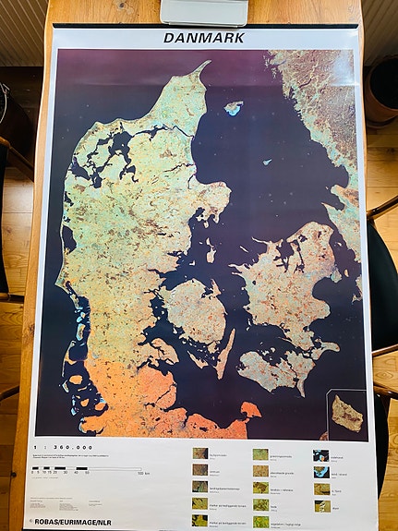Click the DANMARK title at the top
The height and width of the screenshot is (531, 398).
pyautogui.click(x=204, y=38)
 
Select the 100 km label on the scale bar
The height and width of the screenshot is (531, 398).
pyautogui.click(x=141, y=473)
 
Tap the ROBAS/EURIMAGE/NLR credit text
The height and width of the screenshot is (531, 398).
pyautogui.click(x=76, y=520)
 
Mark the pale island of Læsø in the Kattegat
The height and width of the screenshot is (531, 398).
pyautogui.click(x=234, y=108)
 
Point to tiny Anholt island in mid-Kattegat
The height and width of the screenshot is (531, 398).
pyautogui.click(x=269, y=161)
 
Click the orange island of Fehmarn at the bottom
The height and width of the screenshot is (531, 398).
pyautogui.click(x=250, y=409)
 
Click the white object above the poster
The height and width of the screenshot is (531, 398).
pyautogui.click(x=204, y=11)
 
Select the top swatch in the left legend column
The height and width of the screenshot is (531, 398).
pyautogui.click(x=199, y=453)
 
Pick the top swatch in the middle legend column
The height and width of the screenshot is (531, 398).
pyautogui.click(x=260, y=454)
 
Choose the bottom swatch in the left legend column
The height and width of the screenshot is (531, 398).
pyautogui.click(x=199, y=520)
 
